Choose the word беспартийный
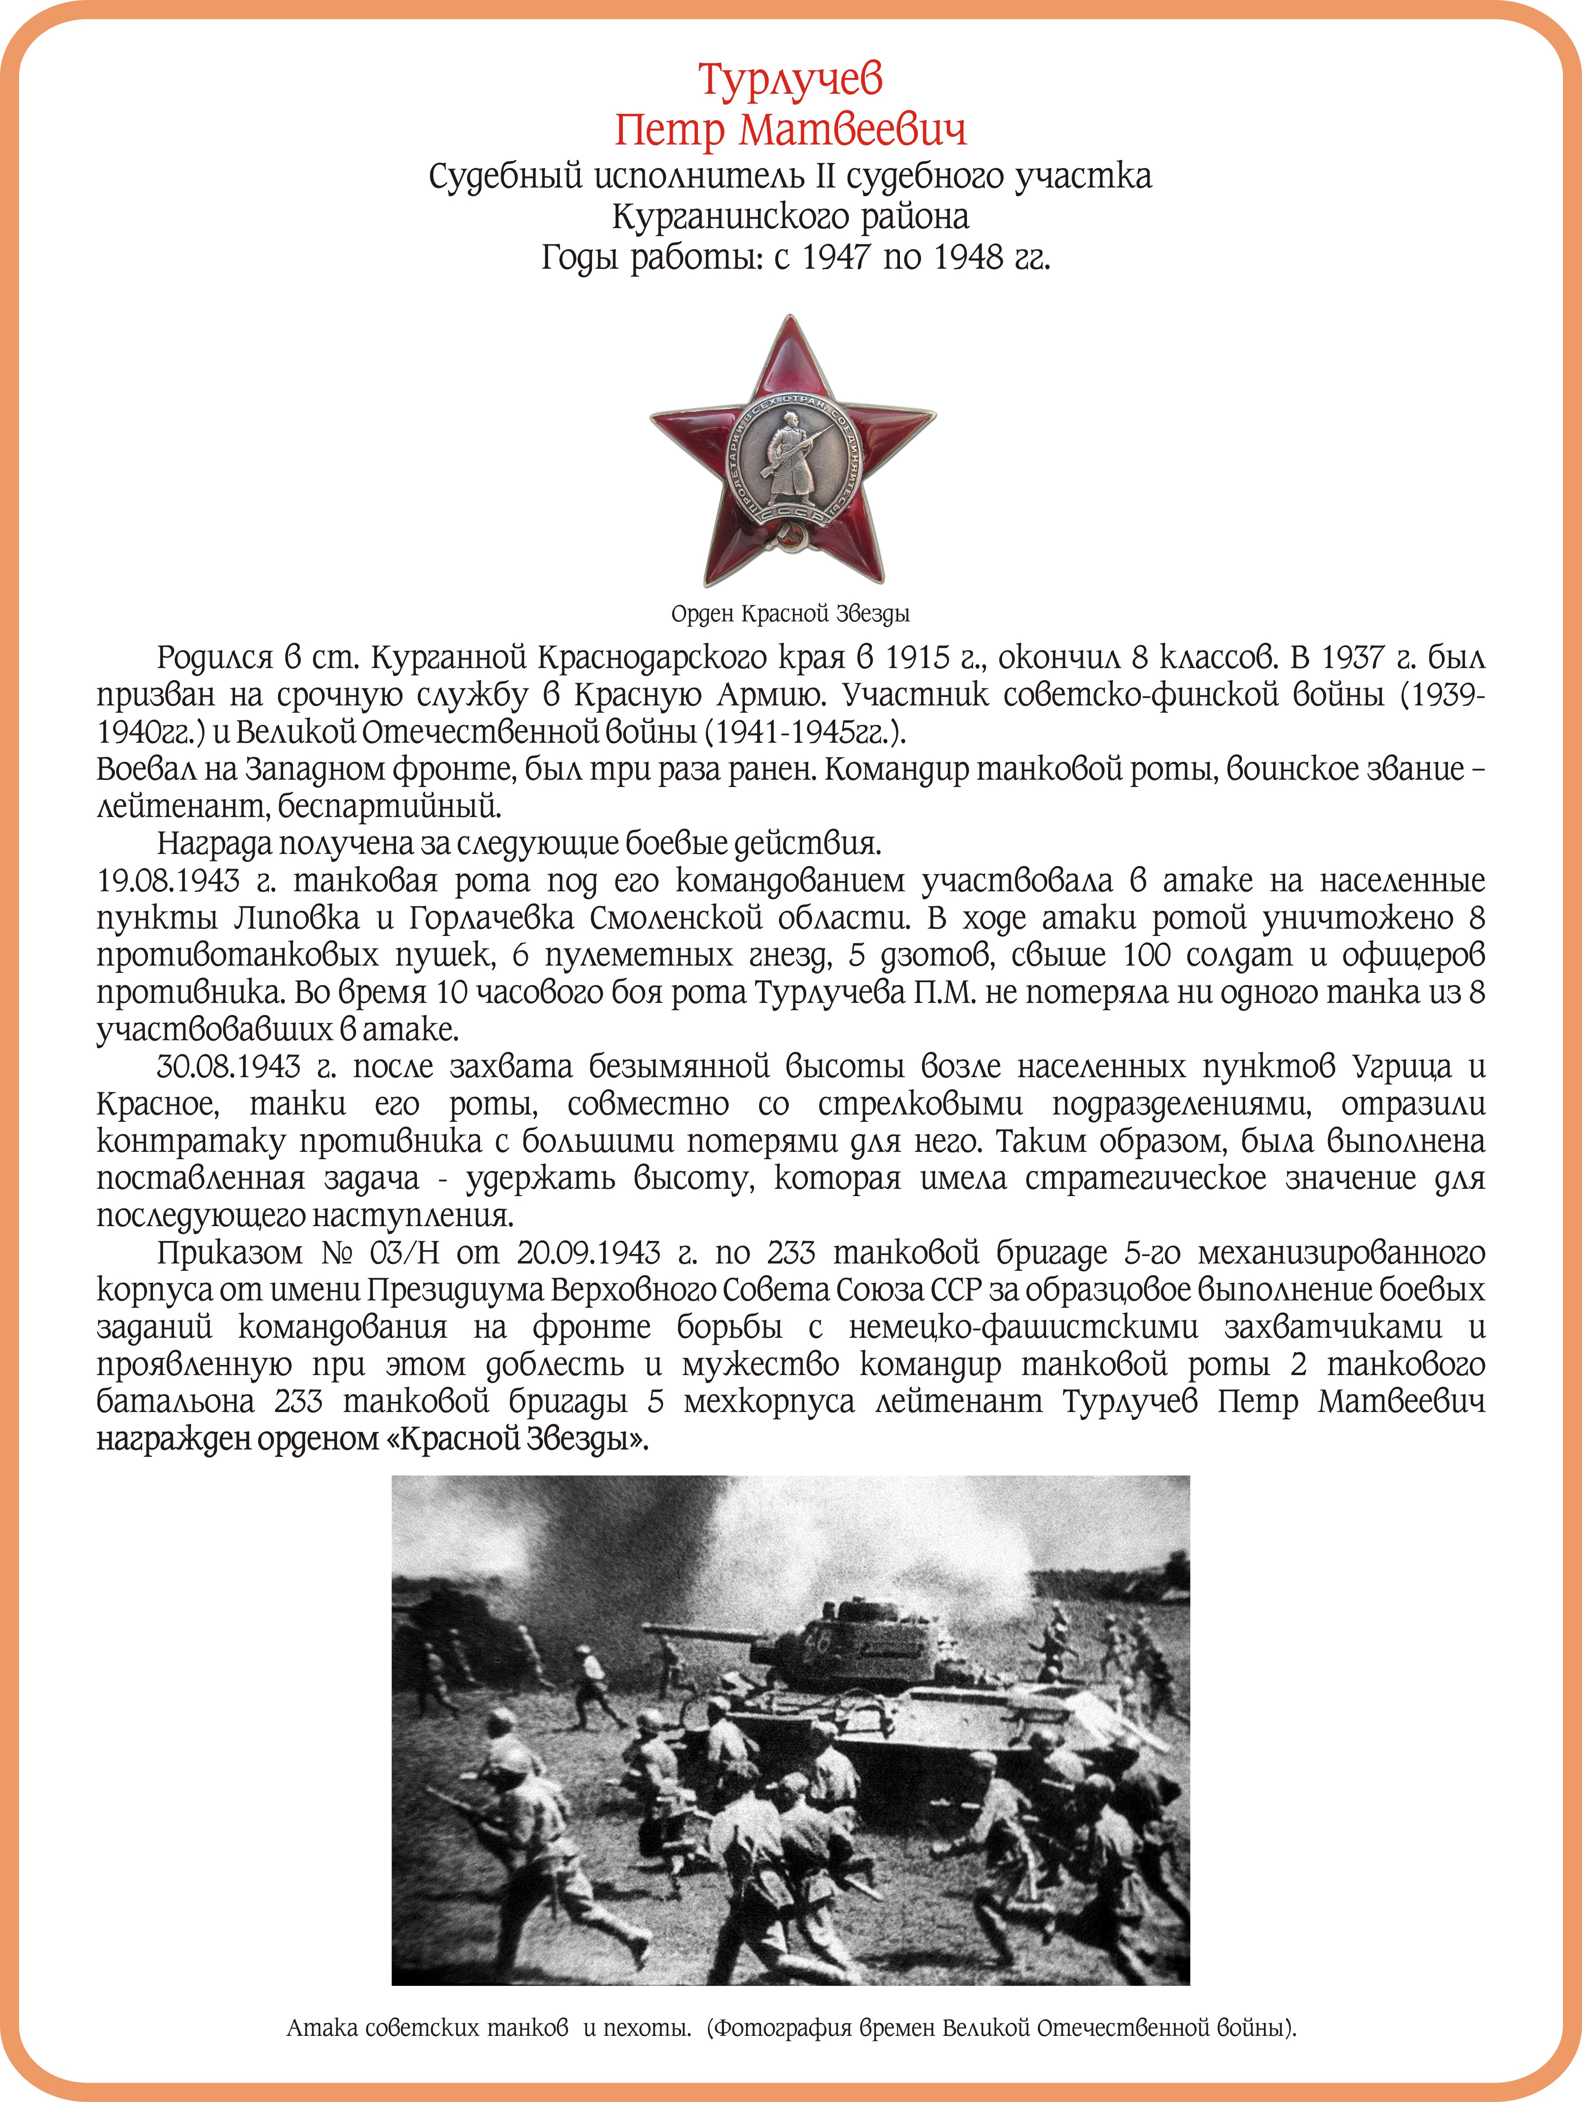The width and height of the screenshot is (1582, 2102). pyautogui.click(x=390, y=807)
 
